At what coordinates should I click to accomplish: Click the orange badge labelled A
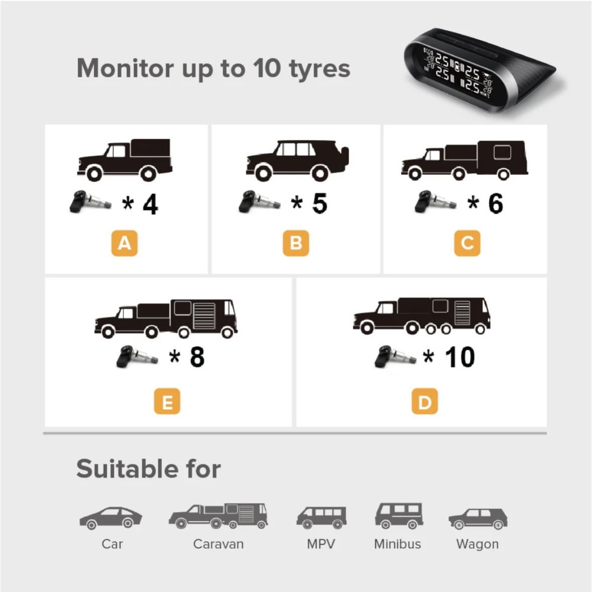coord(124,243)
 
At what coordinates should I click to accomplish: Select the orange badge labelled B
coord(296,243)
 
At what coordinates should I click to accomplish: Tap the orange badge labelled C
coord(467,243)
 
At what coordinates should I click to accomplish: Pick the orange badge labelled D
coord(425,401)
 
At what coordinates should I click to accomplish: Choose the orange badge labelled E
coord(167,401)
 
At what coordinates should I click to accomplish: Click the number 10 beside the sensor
coord(460,357)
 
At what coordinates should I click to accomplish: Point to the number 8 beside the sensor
coord(198,357)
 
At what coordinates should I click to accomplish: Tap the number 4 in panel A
coord(150,204)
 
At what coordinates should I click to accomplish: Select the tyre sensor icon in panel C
coord(435,202)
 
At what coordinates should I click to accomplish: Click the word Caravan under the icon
coord(218,544)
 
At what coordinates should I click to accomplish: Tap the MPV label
coord(321,544)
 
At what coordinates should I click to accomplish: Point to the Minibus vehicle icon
coord(399,516)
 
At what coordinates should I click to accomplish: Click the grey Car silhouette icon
coord(111,518)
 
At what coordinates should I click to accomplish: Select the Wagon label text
coord(477,544)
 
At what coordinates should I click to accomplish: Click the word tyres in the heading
coord(320,69)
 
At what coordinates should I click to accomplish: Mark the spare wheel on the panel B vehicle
coord(345,156)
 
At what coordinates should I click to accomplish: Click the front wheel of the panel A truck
coord(94,173)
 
